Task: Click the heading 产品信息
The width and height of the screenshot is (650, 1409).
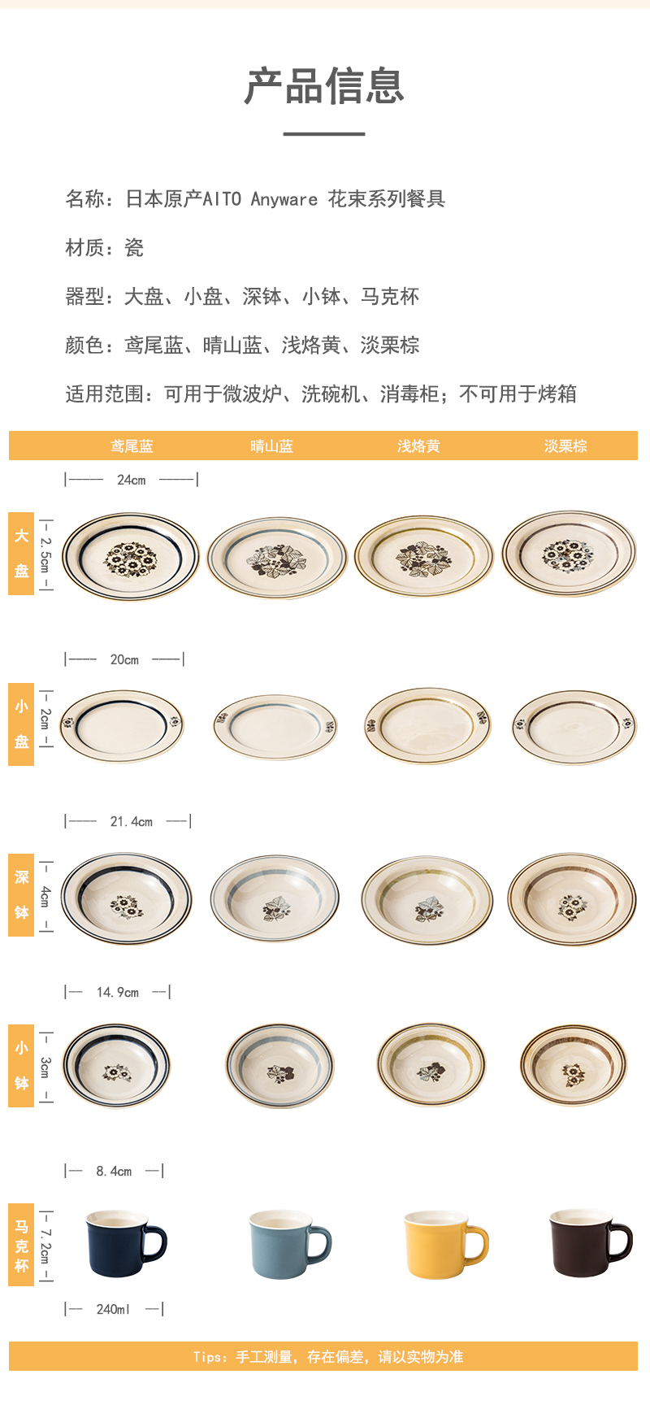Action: click(x=324, y=85)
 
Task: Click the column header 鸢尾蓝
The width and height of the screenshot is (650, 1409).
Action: click(x=132, y=446)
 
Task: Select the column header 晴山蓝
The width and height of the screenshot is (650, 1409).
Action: click(x=271, y=446)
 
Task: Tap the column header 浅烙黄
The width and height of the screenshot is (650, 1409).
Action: click(x=418, y=446)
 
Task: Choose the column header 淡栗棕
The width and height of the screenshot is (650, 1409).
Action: click(x=565, y=446)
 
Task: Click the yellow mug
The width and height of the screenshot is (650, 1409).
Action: click(x=444, y=1244)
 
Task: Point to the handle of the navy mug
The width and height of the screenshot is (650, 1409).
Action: click(x=156, y=1243)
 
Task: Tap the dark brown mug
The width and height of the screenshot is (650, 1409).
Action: click(x=590, y=1242)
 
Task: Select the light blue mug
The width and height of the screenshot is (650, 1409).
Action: click(x=289, y=1244)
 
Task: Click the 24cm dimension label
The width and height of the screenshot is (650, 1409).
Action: click(x=131, y=480)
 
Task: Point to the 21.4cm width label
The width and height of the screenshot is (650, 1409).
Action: click(x=131, y=821)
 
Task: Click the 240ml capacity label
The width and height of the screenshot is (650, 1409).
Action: click(x=113, y=1309)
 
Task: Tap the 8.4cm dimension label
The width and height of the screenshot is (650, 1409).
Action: click(x=114, y=1171)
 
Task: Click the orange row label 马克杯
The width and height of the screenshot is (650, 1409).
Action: click(x=21, y=1245)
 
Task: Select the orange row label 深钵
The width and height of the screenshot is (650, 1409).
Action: click(x=21, y=895)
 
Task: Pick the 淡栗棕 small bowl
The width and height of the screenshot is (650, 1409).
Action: click(x=574, y=1064)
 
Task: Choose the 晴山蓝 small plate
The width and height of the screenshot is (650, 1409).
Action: click(x=275, y=726)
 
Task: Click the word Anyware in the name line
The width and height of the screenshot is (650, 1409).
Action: click(x=284, y=199)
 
